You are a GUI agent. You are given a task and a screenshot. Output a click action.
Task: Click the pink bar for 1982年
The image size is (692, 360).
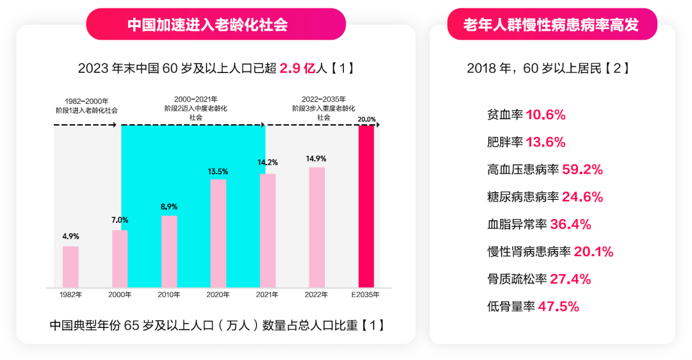click(x=70, y=267)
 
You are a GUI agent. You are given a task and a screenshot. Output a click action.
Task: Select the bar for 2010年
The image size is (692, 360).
click(x=169, y=252)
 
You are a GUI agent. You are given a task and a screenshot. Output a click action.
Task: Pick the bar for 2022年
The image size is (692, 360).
click(x=317, y=227)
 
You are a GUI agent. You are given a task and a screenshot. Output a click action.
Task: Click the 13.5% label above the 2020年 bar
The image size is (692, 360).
click(x=218, y=172)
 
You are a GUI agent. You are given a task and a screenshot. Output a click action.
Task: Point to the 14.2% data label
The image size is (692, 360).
click(x=267, y=163)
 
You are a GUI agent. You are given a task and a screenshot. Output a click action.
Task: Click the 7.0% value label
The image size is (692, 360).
click(x=120, y=220)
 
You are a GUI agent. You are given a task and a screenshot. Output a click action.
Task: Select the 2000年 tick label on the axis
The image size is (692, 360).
click(x=120, y=295)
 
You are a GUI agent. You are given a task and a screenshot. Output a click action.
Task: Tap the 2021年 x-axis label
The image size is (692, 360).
click(x=267, y=295)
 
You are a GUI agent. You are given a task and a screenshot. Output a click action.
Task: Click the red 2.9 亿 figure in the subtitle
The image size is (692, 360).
click(x=297, y=68)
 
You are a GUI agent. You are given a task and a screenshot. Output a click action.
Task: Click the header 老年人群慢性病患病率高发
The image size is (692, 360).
click(x=551, y=25)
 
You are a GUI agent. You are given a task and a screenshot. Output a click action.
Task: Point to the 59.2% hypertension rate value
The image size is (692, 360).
click(x=582, y=170)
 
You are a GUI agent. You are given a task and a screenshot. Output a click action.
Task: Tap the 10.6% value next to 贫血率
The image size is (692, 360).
click(x=545, y=115)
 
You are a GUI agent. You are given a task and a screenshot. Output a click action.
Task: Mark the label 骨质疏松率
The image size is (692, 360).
click(x=516, y=279)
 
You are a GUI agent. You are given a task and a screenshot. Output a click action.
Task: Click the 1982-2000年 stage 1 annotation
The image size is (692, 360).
click(x=86, y=106)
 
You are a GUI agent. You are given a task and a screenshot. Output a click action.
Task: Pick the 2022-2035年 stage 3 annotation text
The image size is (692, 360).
click(x=324, y=108)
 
